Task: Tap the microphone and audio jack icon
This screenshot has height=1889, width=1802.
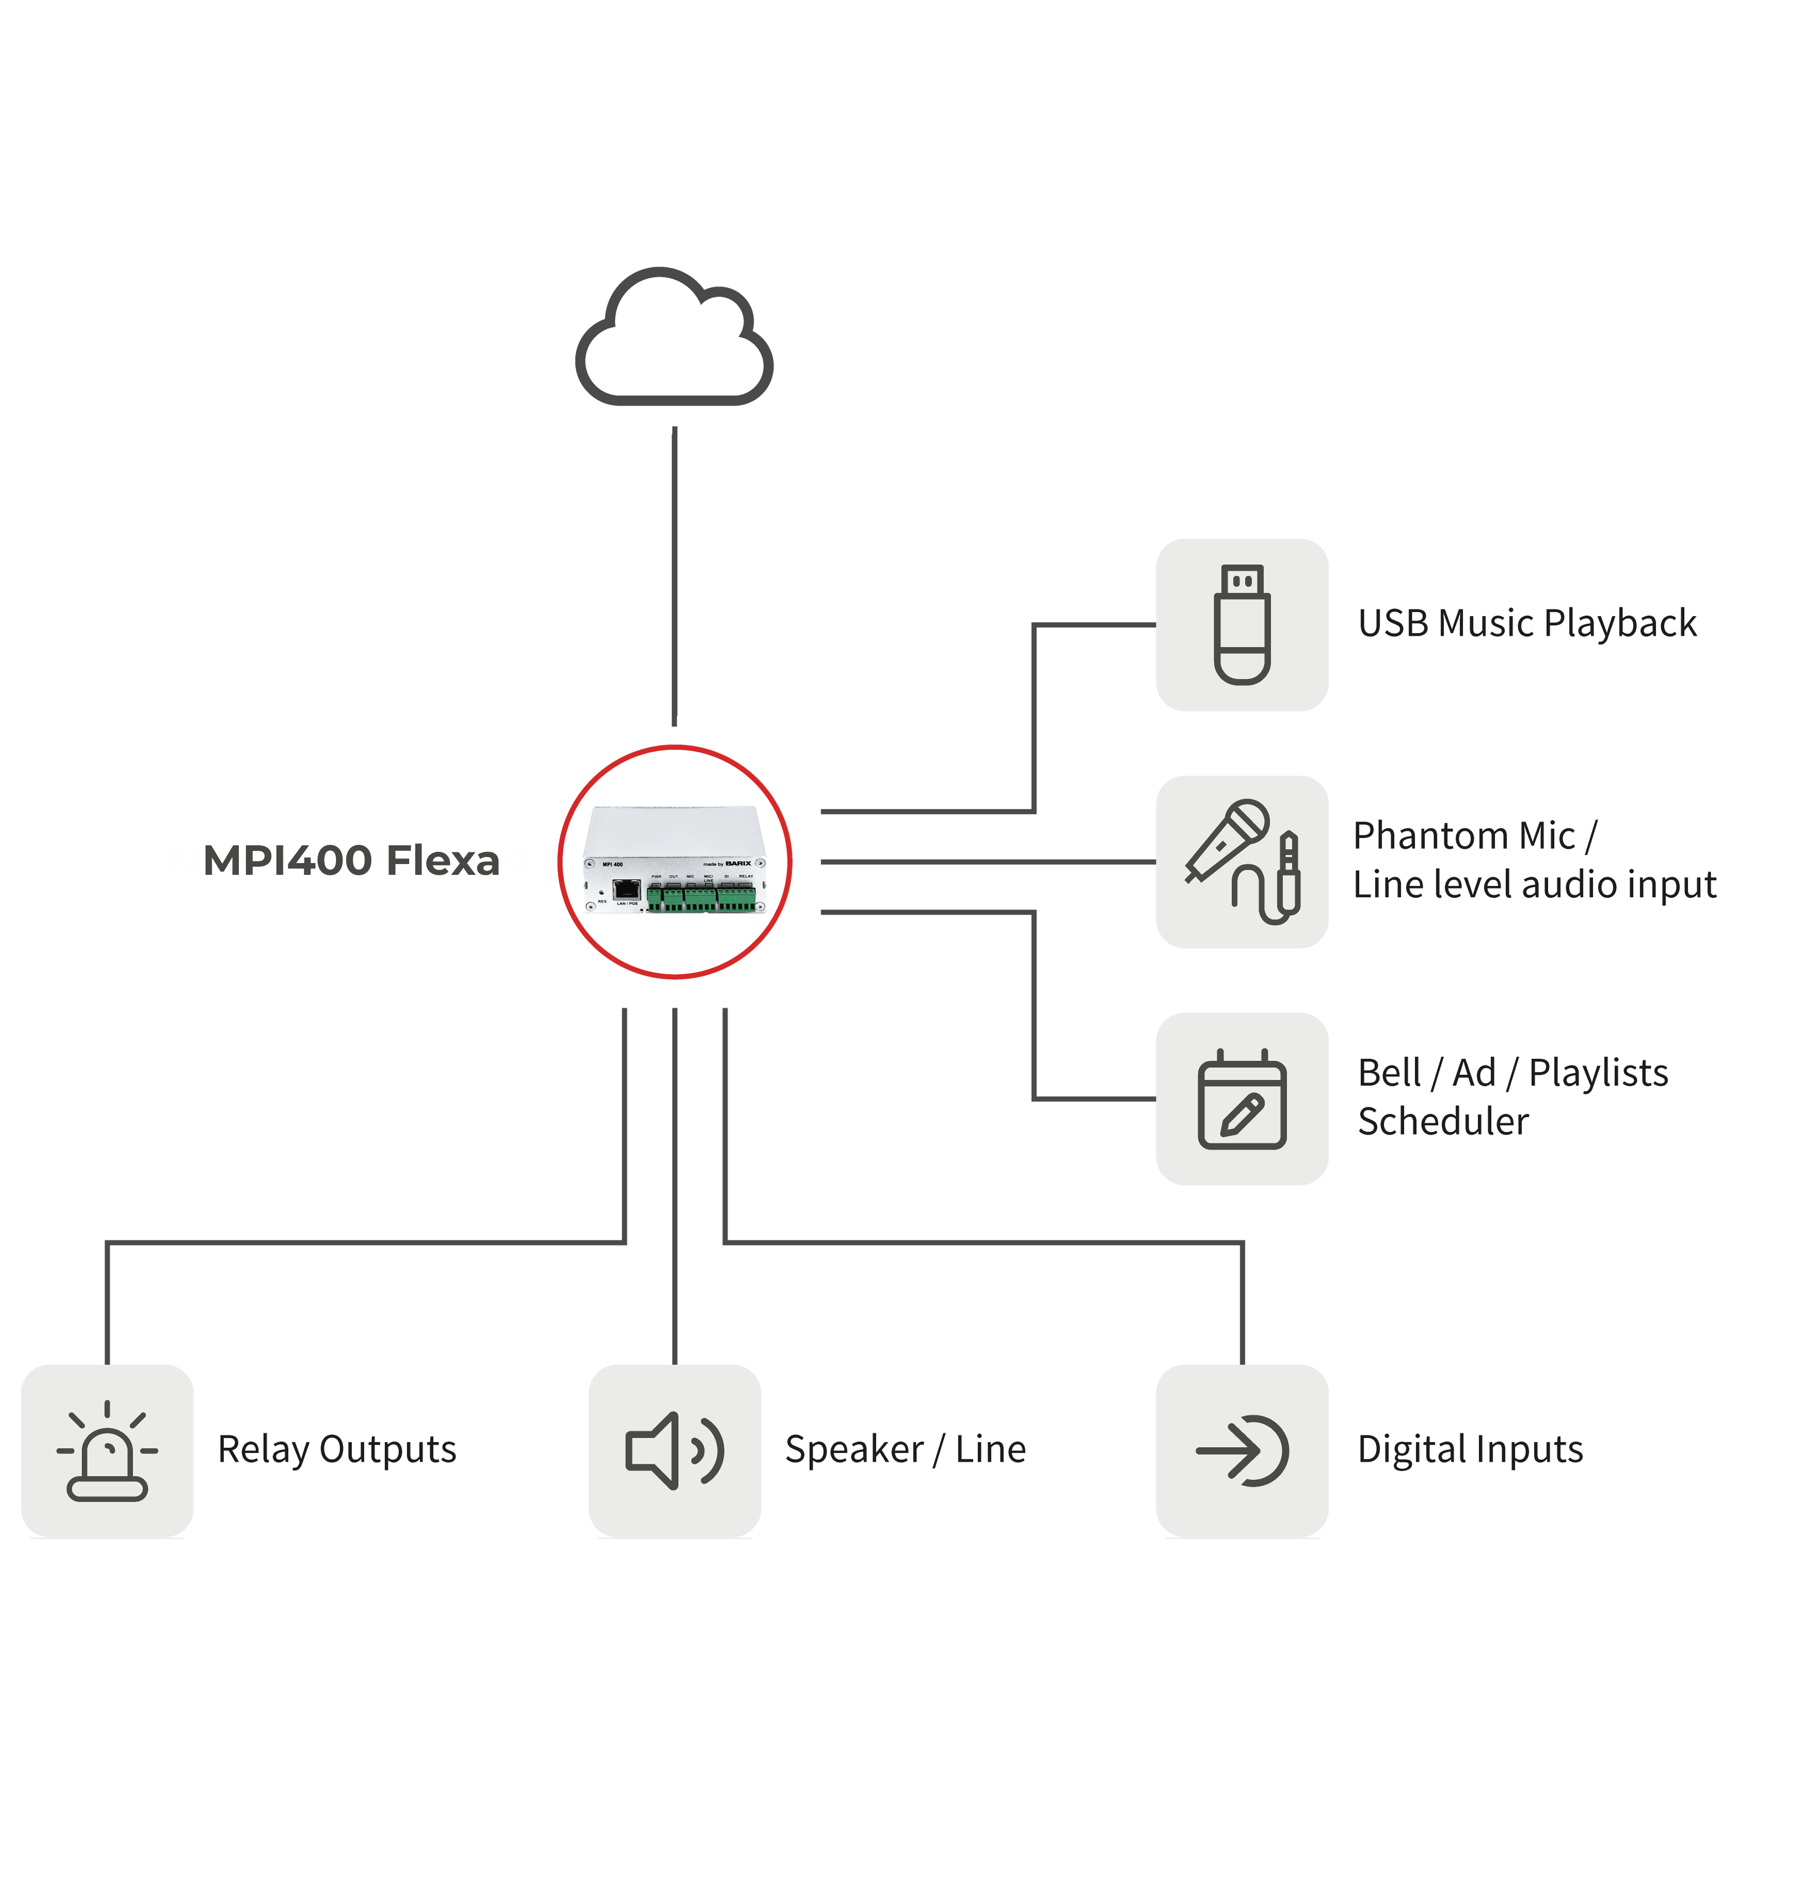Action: [x=1242, y=861]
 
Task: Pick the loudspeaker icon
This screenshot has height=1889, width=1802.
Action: [x=674, y=1450]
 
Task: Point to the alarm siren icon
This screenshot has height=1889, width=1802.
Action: [x=107, y=1450]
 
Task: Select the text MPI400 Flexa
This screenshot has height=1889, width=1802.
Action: [x=351, y=860]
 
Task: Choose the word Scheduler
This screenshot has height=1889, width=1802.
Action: [x=1443, y=1122]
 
